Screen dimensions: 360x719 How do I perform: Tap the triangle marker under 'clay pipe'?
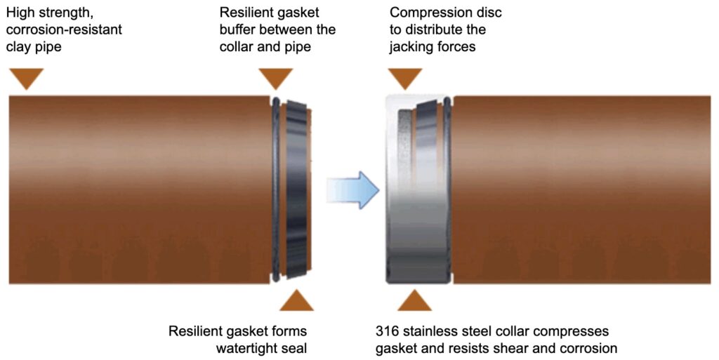click(x=27, y=78)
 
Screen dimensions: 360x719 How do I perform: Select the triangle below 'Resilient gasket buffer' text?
click(x=275, y=78)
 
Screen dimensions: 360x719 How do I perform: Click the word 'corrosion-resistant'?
click(x=64, y=30)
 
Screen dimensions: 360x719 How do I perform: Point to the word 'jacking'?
click(x=409, y=47)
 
